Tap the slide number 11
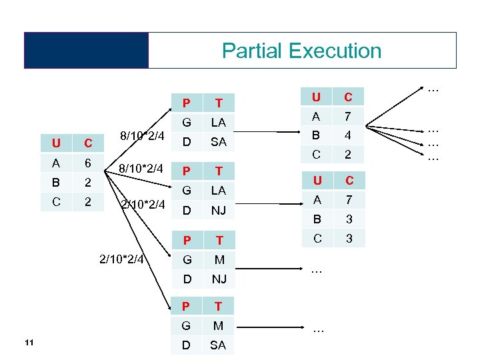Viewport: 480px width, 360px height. [28, 343]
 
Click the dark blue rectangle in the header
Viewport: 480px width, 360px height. [86, 50]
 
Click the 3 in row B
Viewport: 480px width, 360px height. [348, 219]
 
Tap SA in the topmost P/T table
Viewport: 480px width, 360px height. [218, 142]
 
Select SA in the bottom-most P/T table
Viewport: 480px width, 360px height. [218, 345]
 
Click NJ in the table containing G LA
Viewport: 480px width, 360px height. [218, 210]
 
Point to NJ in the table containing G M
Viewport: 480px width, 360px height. [218, 278]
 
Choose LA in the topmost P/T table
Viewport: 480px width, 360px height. [218, 122]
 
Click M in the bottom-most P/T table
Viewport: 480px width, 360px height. [218, 325]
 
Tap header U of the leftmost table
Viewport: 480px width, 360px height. [57, 143]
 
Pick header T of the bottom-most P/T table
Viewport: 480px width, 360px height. [218, 306]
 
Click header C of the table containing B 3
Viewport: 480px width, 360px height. [348, 181]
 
